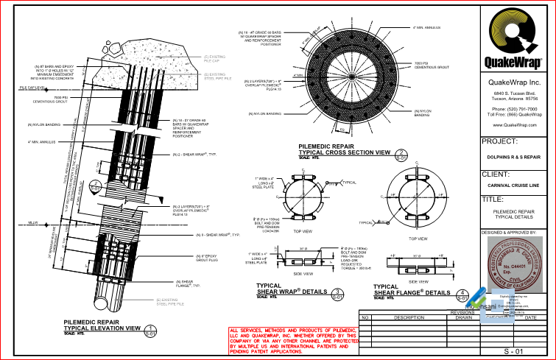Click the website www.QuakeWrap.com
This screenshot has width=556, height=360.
coord(514,125)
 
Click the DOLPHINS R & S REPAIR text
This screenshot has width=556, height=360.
coord(513,157)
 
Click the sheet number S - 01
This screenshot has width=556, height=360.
coord(513,352)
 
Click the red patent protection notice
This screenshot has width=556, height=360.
coord(293,340)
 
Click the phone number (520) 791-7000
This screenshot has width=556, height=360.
coord(514,108)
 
